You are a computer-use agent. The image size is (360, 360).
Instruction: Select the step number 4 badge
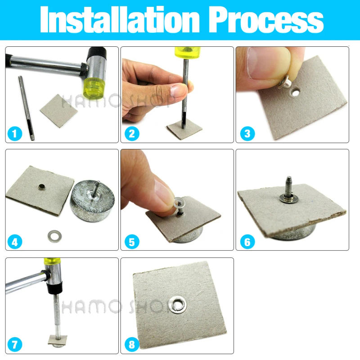[15, 242]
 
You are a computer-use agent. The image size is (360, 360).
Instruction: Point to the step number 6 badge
[247, 242]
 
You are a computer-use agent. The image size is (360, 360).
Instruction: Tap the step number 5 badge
[131, 242]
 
